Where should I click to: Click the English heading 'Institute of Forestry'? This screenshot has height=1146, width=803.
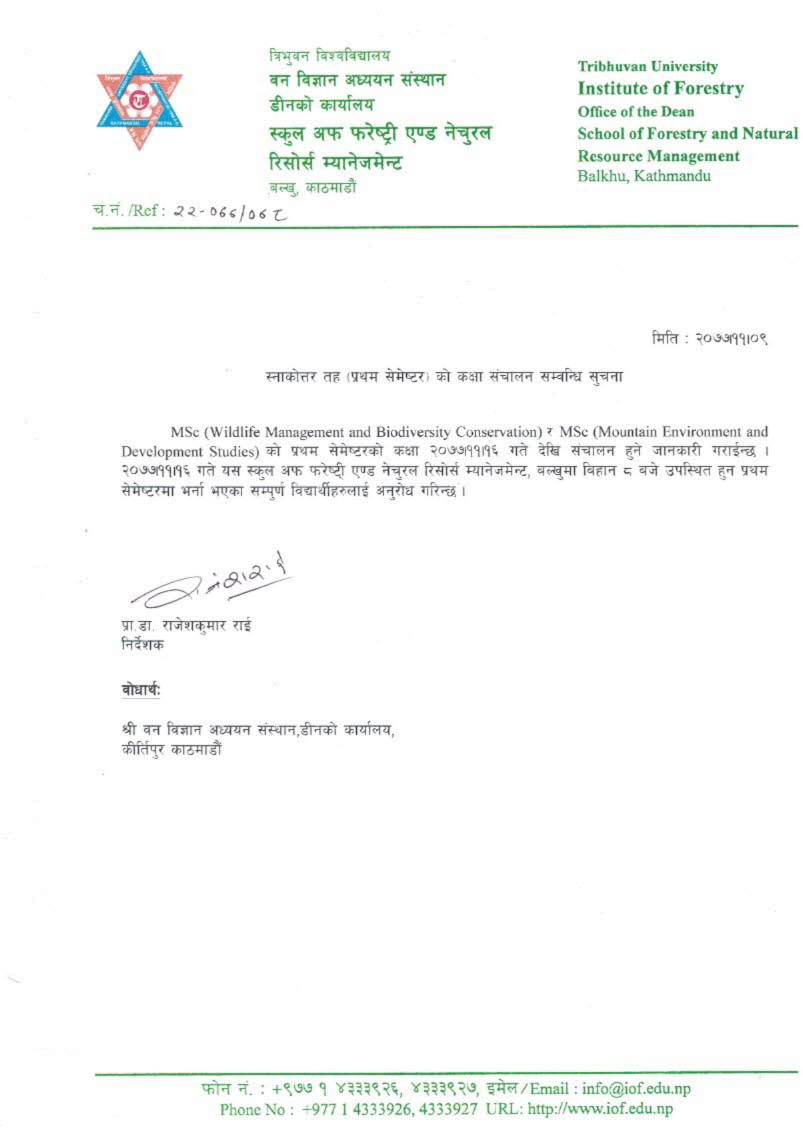(x=660, y=89)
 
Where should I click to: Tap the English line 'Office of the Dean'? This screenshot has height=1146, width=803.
(x=635, y=111)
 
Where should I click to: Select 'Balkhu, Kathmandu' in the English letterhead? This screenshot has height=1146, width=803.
(x=644, y=176)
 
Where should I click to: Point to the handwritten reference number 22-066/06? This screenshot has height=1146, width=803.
(x=230, y=212)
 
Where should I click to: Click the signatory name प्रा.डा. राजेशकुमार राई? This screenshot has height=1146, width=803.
(x=186, y=626)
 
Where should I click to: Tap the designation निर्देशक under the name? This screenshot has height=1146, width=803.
(x=142, y=645)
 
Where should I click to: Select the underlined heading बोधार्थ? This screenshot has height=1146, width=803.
(x=140, y=690)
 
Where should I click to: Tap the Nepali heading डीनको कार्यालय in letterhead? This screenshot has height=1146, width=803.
(x=322, y=105)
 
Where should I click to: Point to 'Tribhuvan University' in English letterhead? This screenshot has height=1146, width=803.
(x=647, y=66)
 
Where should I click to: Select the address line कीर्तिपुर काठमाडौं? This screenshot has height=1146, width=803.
(x=171, y=750)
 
